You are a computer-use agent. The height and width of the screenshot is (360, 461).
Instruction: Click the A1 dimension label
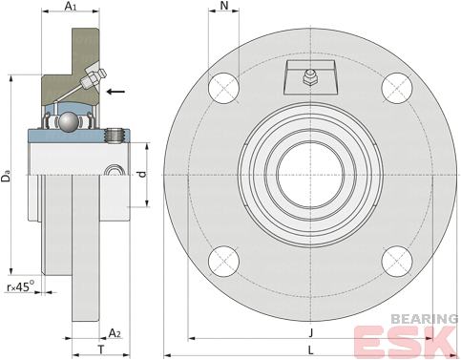(71, 6)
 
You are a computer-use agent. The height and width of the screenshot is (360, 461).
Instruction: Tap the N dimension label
(224, 6)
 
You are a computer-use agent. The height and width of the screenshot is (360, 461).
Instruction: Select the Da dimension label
(6, 177)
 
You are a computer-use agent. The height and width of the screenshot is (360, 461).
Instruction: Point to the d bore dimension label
(143, 174)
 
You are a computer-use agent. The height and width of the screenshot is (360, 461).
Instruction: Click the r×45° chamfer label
(20, 286)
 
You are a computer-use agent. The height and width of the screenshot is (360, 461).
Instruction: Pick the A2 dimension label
(115, 333)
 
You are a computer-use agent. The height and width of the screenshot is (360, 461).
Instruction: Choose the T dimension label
(101, 349)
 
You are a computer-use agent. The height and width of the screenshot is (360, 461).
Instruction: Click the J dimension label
(311, 332)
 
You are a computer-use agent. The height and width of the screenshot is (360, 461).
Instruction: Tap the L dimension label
(311, 350)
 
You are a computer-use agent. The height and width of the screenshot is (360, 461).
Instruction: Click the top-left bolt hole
(224, 88)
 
